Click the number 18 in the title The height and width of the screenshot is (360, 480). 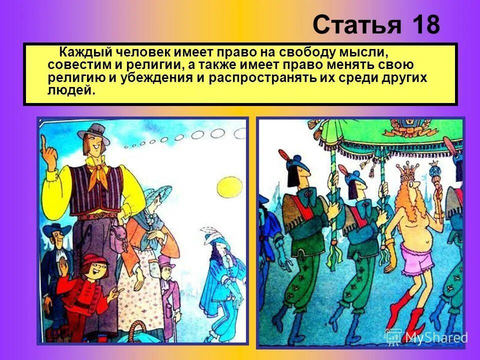426,24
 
